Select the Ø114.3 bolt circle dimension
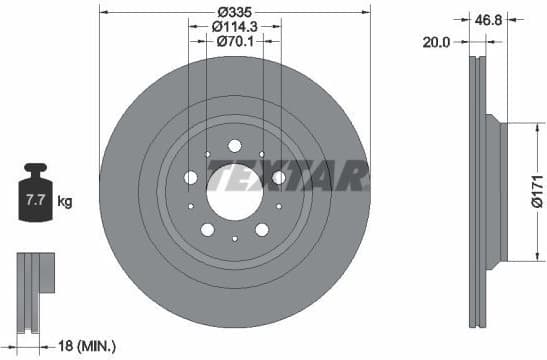(x=234, y=27)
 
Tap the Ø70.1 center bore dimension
(x=234, y=42)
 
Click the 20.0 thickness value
(x=436, y=42)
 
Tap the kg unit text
(x=65, y=202)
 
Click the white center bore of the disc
(x=234, y=182)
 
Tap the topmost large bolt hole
(x=234, y=146)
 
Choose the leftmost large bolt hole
(x=191, y=177)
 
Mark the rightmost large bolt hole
(x=278, y=177)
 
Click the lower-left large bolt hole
(x=207, y=229)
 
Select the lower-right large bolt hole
(x=261, y=229)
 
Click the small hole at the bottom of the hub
(x=234, y=238)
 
